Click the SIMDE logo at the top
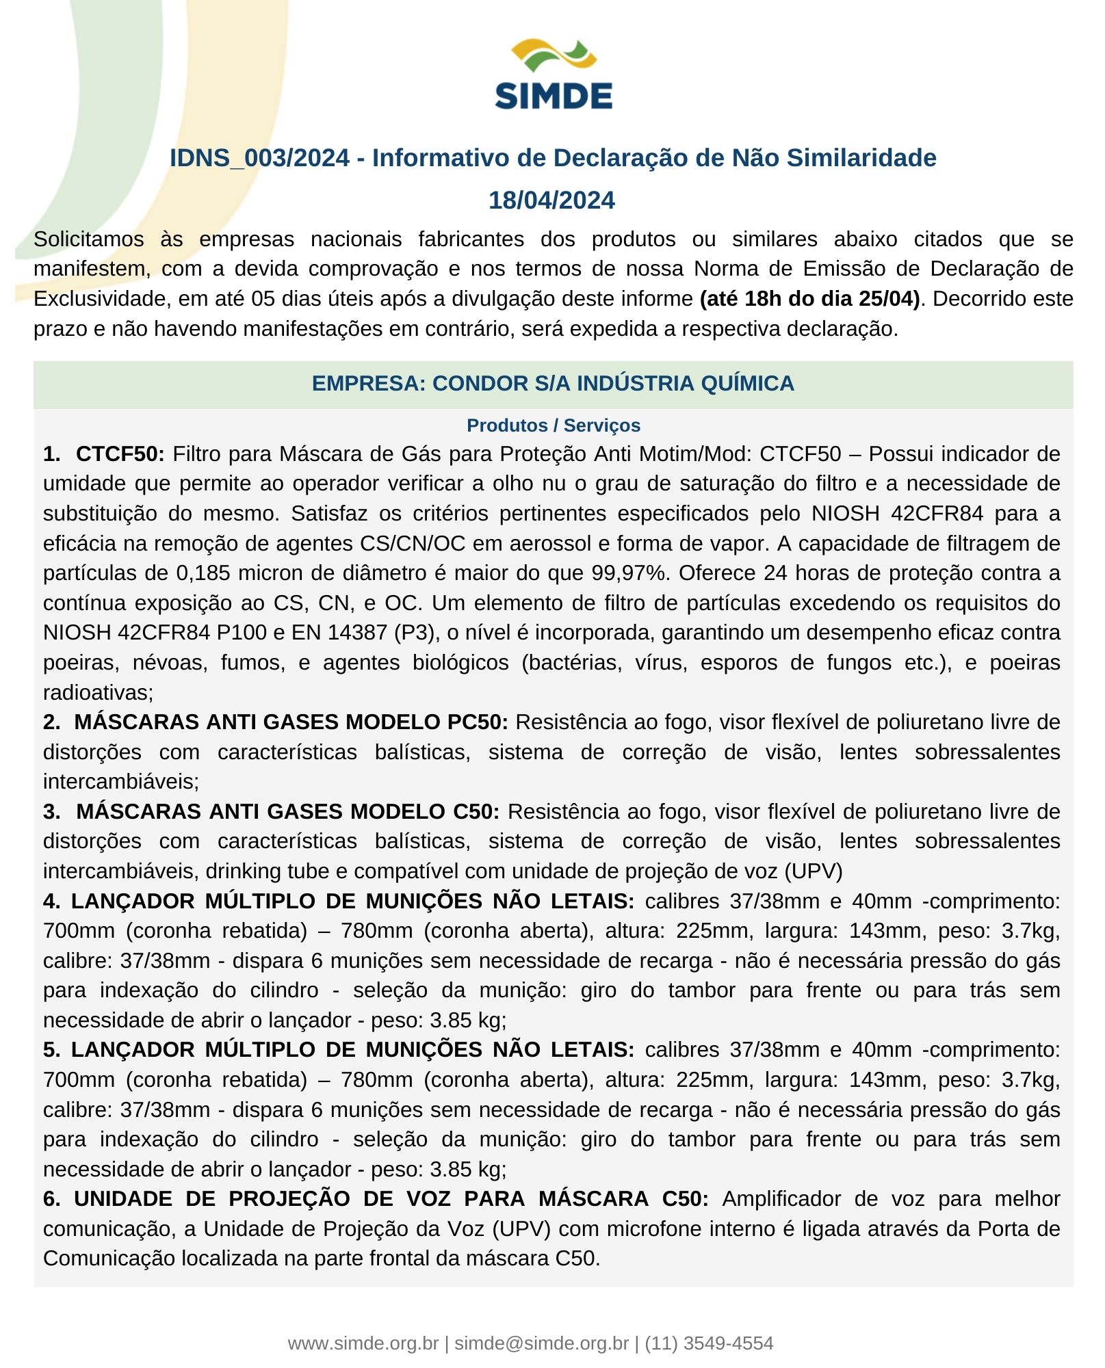coord(553,75)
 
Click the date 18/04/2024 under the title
coord(551,200)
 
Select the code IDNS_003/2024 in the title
coord(259,158)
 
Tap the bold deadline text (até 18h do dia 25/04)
coord(809,299)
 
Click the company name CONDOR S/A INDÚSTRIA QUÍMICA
coord(613,383)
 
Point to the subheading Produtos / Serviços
coord(553,425)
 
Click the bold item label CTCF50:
coord(120,454)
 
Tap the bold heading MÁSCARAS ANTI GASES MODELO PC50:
coord(291,722)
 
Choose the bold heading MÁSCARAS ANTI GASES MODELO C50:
coord(287,812)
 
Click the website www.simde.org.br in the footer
coord(363,1343)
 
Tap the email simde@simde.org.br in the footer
coord(541,1343)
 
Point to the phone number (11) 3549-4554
coord(709,1343)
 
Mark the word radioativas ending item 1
coord(97,693)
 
